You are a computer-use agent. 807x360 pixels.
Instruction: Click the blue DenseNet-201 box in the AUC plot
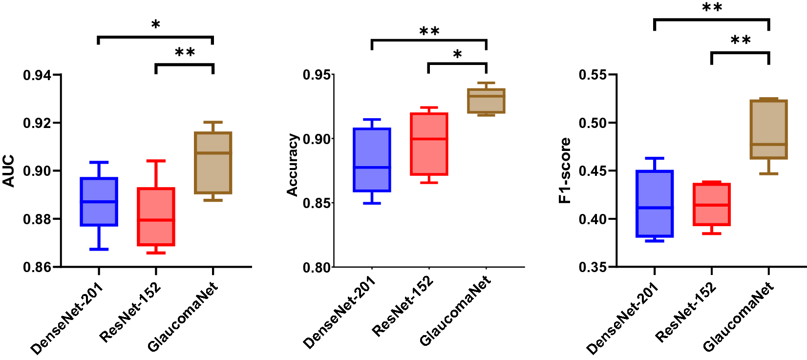tap(99, 202)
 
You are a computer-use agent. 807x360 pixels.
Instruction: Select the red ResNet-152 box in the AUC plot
tap(156, 216)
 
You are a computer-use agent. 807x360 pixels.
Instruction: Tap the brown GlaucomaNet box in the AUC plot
tap(213, 163)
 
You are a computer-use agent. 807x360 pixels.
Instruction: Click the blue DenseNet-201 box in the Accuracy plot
tap(372, 160)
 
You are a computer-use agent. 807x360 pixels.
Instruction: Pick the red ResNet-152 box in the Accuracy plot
tap(429, 144)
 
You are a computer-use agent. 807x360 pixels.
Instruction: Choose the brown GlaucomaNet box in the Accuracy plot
tap(486, 101)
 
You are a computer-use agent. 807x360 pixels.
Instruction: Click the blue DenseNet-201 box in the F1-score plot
tap(655, 204)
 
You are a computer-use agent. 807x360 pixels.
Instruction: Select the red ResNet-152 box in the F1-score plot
tap(712, 204)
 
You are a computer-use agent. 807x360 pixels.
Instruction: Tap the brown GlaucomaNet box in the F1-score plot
tap(768, 129)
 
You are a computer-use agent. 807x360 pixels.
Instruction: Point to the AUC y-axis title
tap(9, 171)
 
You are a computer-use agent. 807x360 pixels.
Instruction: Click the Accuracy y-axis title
tap(292, 165)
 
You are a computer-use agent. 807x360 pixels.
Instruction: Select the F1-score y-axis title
tap(565, 170)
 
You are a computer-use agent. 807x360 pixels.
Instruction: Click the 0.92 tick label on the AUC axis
tap(37, 123)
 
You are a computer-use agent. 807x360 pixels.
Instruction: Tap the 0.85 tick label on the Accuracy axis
tap(317, 203)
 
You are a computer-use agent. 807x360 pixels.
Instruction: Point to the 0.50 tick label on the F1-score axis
tap(593, 123)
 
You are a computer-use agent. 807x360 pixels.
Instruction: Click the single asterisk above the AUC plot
tap(156, 24)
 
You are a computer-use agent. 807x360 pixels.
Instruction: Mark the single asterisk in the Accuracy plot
tap(457, 54)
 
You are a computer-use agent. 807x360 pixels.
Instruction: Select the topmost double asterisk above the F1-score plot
tap(712, 8)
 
